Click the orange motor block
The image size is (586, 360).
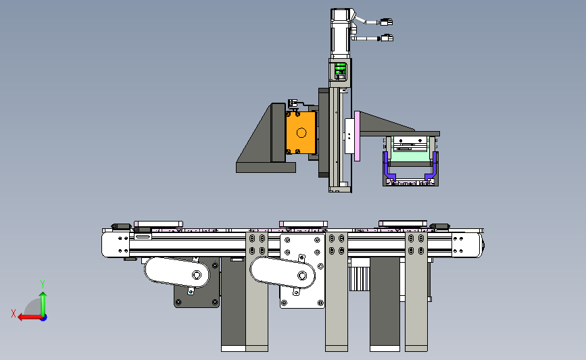301,132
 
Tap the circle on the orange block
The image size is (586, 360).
301,132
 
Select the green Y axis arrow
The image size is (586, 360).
43,304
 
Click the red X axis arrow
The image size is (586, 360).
30,317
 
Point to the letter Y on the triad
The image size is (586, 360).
43,284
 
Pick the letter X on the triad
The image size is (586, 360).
14,313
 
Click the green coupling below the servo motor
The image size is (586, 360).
340,70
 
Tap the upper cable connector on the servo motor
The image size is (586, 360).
387,22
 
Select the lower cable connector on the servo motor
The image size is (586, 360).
387,38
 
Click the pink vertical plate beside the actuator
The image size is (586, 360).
357,136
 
